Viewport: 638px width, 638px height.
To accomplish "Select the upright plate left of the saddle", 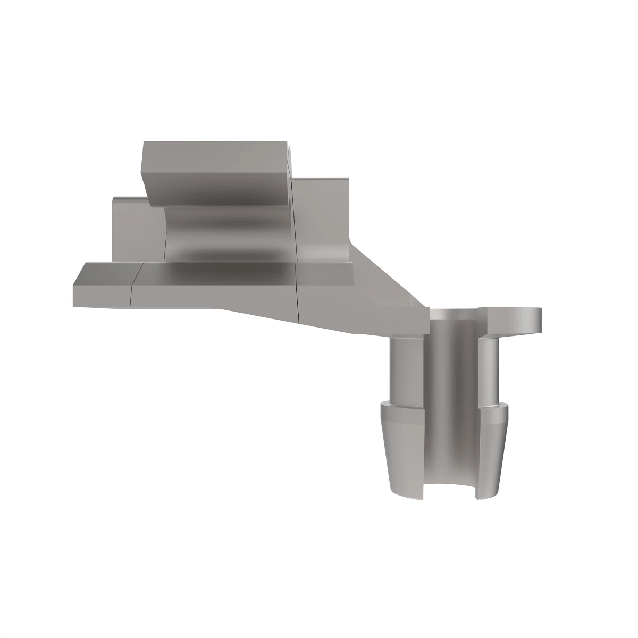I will click(x=136, y=229).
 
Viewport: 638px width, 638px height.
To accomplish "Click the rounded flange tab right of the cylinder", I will click(x=513, y=322).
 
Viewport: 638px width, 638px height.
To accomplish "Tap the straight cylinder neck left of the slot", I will click(x=407, y=370).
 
